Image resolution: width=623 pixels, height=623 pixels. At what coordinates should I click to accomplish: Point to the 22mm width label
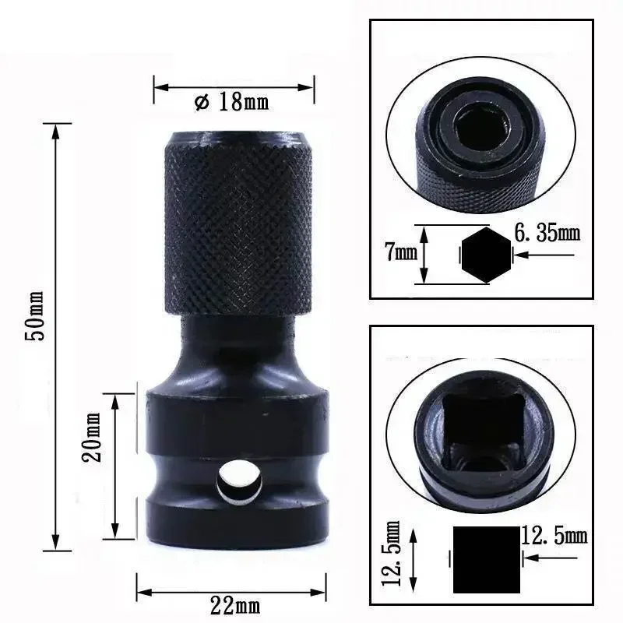[234, 603]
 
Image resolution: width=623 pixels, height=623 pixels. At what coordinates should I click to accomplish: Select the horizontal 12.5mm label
[553, 537]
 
